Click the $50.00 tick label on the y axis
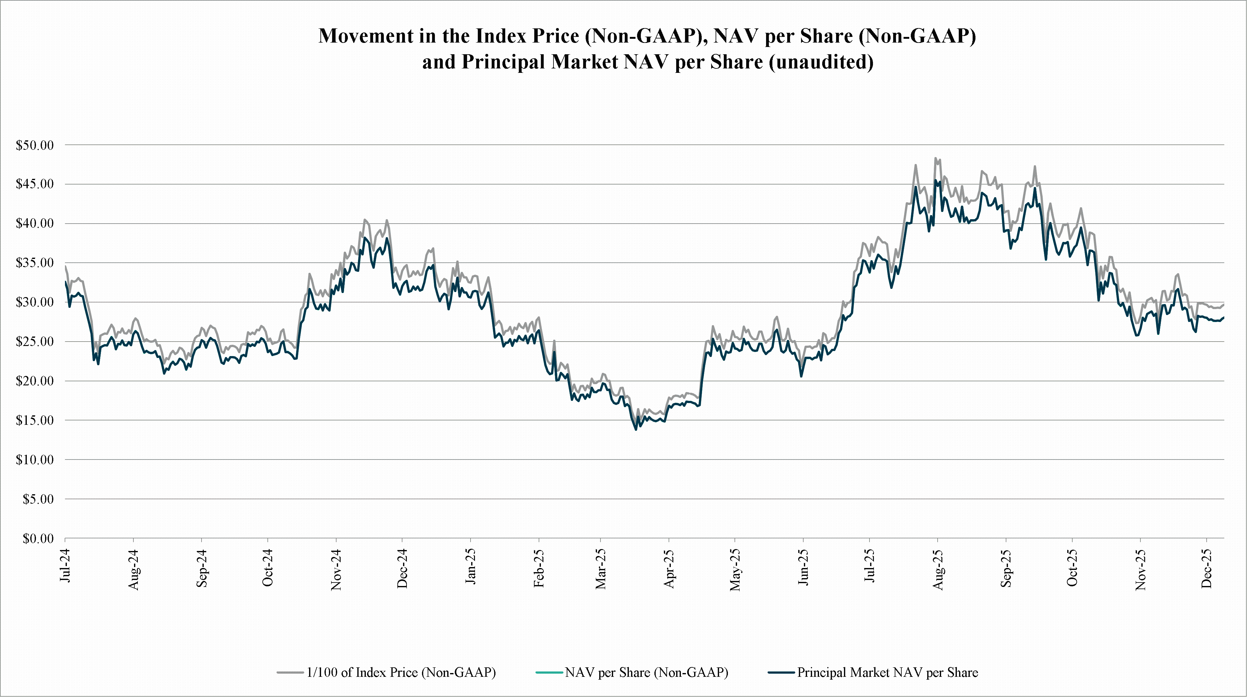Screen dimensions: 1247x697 coord(35,145)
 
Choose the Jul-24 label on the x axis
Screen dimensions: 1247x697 coord(65,565)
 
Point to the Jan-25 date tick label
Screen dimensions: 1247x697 coord(471,566)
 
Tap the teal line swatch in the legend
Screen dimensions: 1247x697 coord(549,673)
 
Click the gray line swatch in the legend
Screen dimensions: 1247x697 coord(290,673)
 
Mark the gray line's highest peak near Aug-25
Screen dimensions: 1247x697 coord(935,158)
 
